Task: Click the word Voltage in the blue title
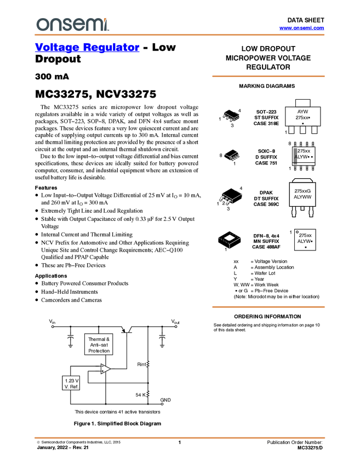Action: click(56, 48)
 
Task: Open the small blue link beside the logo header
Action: click(301, 28)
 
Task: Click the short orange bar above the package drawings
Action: click(268, 76)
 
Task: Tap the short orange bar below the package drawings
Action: click(268, 307)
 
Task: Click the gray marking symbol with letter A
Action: click(296, 157)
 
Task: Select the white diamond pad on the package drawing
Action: click(230, 237)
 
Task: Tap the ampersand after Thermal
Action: click(107, 339)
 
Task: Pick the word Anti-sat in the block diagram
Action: click(99, 345)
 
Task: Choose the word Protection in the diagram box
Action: click(99, 351)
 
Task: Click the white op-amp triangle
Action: click(105, 369)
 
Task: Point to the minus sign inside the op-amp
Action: click(102, 366)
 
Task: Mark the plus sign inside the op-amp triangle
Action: click(102, 372)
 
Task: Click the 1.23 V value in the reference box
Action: click(72, 380)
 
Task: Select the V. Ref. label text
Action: click(72, 387)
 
